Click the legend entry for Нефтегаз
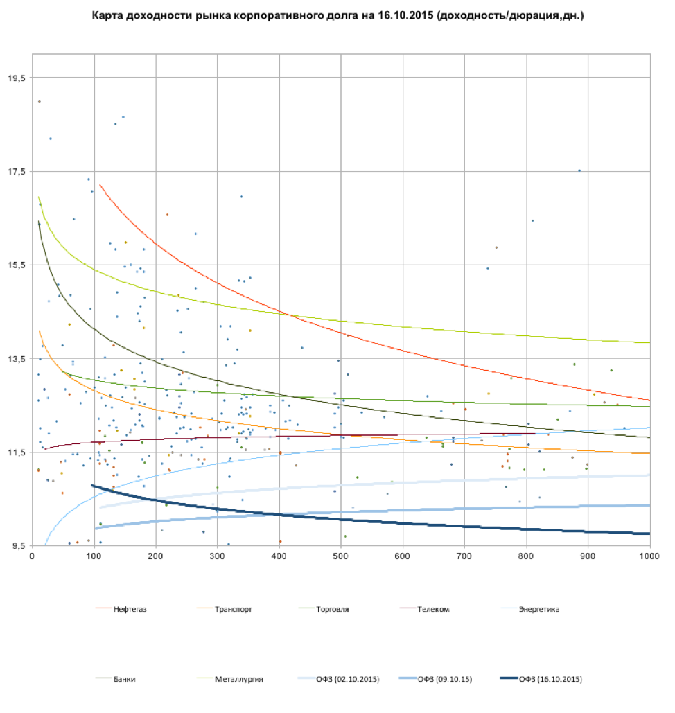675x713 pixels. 130,610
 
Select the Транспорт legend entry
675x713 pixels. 234,610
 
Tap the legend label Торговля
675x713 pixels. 332,610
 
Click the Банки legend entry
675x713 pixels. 125,679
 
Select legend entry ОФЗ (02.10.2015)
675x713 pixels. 347,679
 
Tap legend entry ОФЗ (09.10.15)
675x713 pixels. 444,679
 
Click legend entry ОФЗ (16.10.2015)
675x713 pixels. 550,679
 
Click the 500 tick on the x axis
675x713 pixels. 341,556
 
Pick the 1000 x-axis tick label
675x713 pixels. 649,556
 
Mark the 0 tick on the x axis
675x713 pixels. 33,556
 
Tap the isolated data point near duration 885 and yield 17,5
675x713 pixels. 579,170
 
